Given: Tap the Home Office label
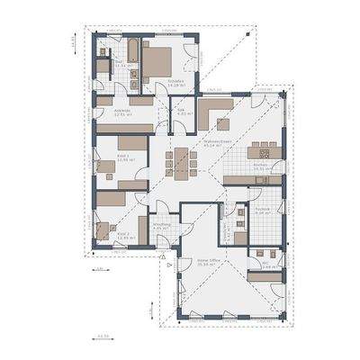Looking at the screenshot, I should pyautogui.click(x=209, y=261).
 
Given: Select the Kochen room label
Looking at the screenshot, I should pyautogui.click(x=261, y=165).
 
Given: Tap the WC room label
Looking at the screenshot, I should pyautogui.click(x=268, y=265).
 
